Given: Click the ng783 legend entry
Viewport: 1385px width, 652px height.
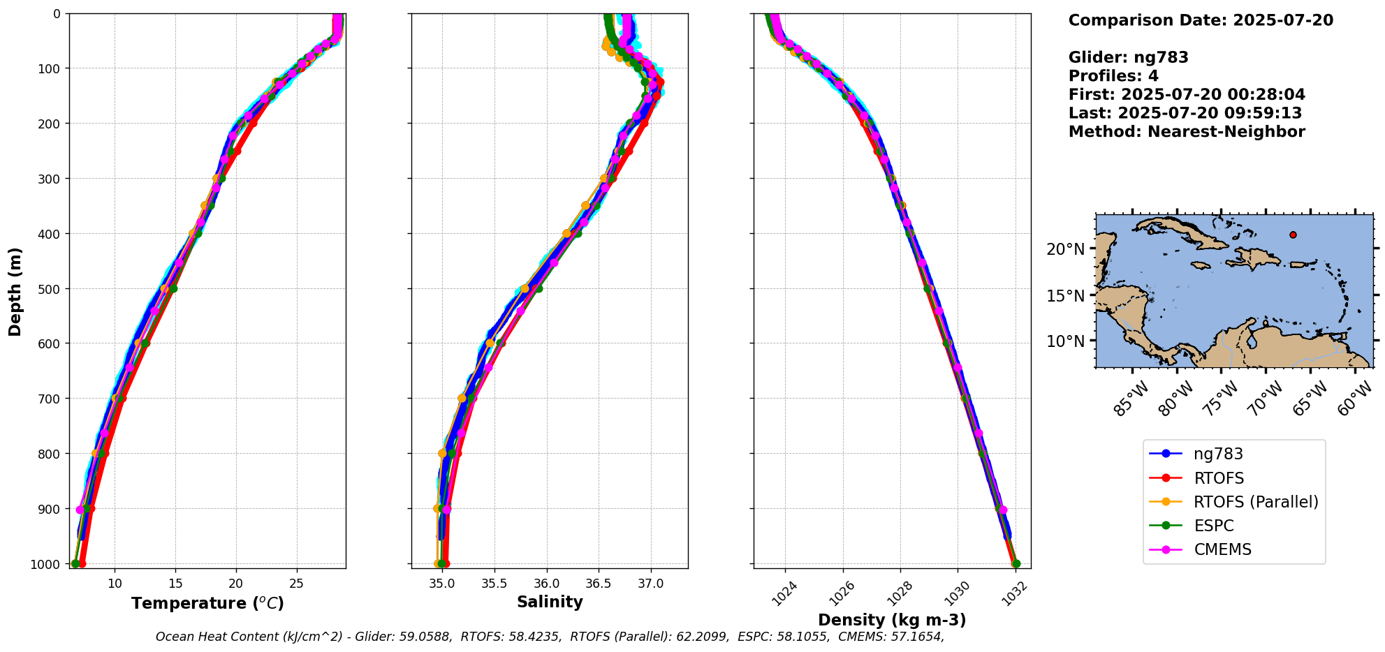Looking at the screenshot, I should pyautogui.click(x=1218, y=454).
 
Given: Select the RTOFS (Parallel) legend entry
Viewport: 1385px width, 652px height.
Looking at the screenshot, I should pyautogui.click(x=1255, y=502).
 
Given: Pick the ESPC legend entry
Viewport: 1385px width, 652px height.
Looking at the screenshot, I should pyautogui.click(x=1213, y=526).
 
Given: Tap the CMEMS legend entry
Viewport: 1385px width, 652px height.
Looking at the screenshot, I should pyautogui.click(x=1222, y=549).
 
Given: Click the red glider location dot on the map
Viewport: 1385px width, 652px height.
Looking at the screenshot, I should pyautogui.click(x=1293, y=235).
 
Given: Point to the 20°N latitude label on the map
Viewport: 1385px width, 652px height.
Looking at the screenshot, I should pyautogui.click(x=1065, y=249).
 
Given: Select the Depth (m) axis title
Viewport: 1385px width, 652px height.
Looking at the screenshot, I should pyautogui.click(x=15, y=291).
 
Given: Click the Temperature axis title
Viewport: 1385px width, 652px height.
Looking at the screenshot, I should pyautogui.click(x=207, y=603).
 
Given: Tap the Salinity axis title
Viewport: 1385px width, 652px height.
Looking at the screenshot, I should pyautogui.click(x=550, y=602).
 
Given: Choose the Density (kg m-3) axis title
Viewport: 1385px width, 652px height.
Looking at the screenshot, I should pyautogui.click(x=892, y=620).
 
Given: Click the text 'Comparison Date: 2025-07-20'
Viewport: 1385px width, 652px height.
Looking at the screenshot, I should pyautogui.click(x=1201, y=20).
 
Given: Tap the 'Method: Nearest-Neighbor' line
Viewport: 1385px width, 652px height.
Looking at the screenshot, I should pyautogui.click(x=1187, y=131).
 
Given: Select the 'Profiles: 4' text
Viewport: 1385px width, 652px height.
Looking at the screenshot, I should pyautogui.click(x=1113, y=75).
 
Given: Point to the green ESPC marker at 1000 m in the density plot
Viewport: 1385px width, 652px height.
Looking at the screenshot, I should pyautogui.click(x=1016, y=564).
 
